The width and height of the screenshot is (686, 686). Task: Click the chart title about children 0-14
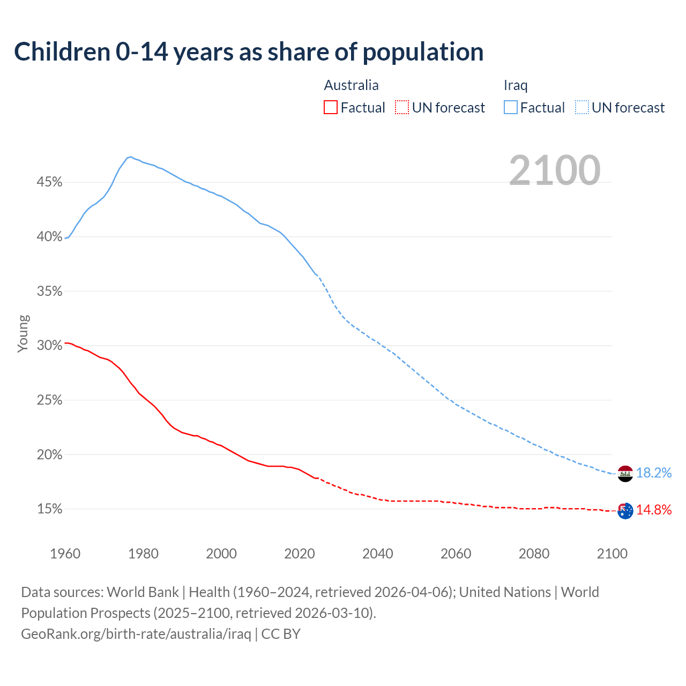249,52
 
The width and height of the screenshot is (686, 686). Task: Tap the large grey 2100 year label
555,170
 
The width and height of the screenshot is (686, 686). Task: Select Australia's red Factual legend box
331,108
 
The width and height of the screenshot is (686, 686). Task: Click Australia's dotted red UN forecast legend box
402,108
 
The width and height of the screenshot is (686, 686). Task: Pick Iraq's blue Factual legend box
510,108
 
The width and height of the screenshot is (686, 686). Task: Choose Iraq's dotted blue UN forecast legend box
581,108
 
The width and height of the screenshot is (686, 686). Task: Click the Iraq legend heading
516,85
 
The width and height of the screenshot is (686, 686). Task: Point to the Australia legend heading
351,85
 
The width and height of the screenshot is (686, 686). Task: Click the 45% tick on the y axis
49,182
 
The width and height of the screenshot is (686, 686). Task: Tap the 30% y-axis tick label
49,346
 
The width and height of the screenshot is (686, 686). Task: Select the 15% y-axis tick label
49,509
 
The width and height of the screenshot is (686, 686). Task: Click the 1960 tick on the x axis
65,554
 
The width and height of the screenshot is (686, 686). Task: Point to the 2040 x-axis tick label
377,554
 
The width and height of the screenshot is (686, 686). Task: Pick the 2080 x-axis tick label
534,554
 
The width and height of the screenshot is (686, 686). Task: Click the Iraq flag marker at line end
625,474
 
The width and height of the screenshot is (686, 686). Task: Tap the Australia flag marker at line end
625,511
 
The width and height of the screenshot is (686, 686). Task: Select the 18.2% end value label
654,473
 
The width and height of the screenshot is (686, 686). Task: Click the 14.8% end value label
654,510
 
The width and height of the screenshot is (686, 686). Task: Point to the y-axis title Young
23,333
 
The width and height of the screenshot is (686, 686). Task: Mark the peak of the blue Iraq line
131,156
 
